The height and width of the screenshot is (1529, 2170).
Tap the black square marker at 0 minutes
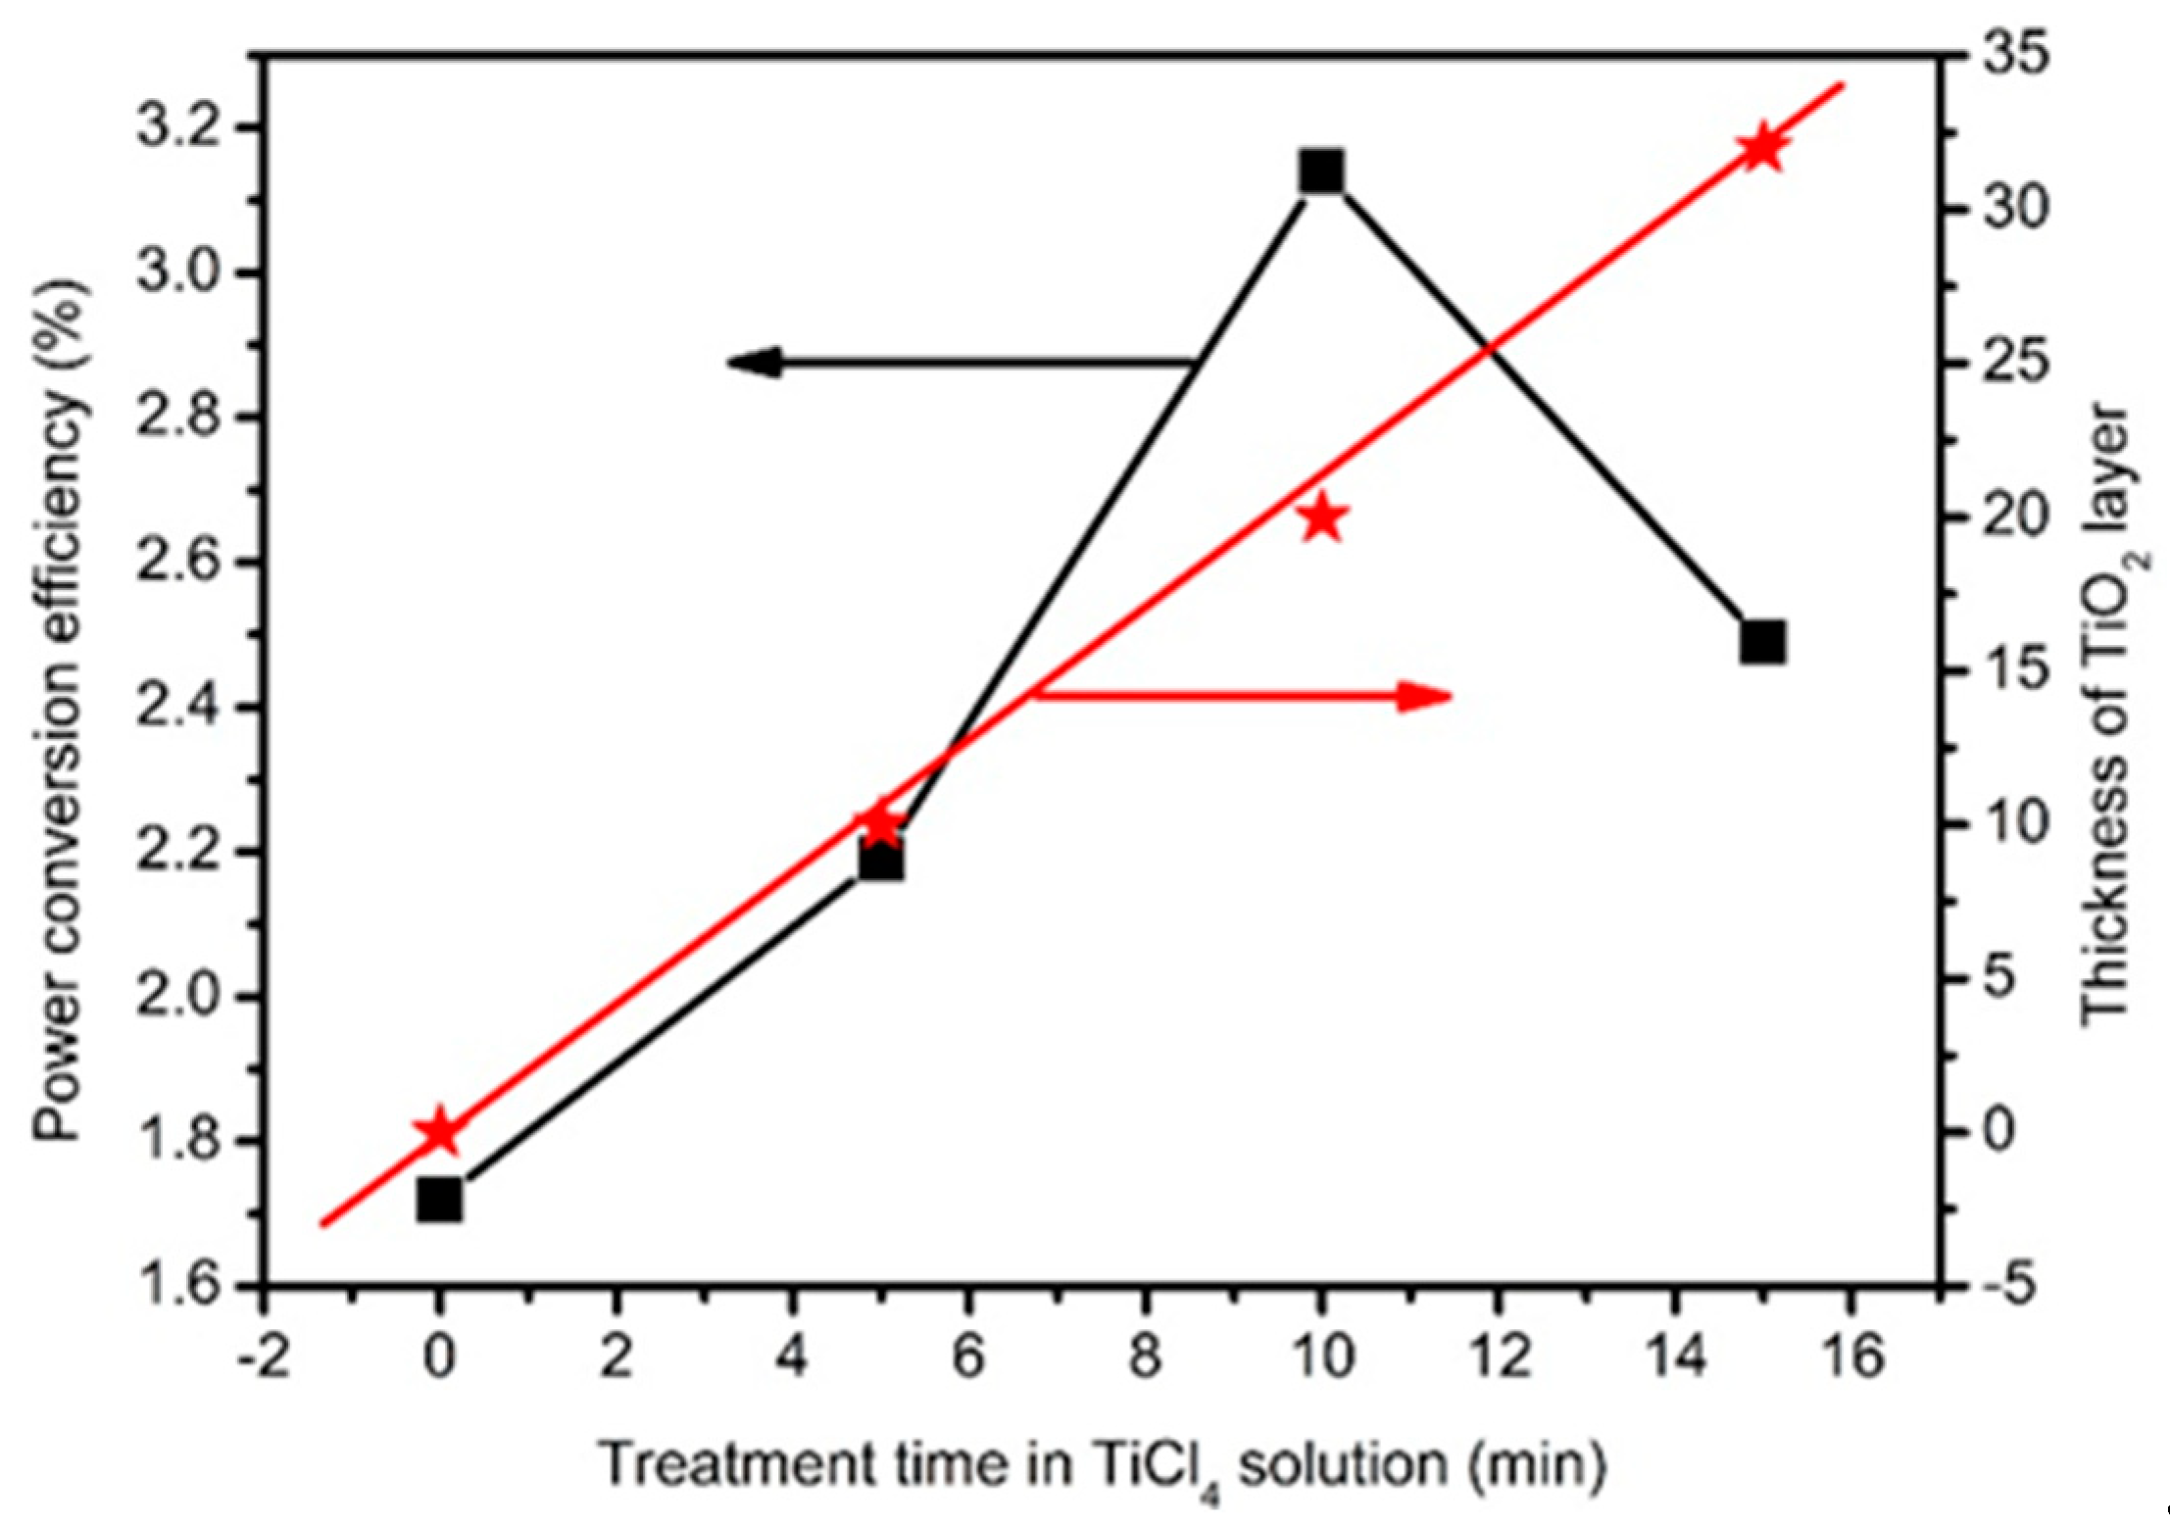(439, 1199)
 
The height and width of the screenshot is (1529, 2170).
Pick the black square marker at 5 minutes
(880, 861)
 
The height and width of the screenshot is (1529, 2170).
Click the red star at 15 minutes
(1762, 149)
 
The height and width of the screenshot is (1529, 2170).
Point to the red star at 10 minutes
(1322, 517)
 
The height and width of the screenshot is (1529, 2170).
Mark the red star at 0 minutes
(439, 1132)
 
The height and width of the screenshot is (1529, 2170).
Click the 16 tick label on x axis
(1850, 1357)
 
